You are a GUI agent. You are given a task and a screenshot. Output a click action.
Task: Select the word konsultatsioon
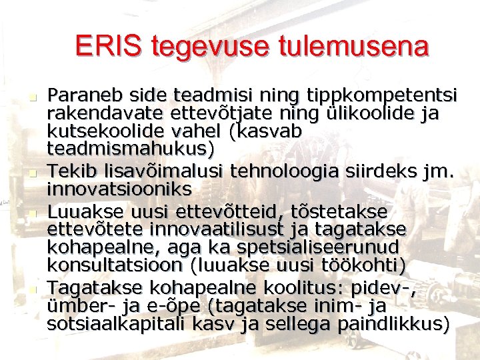point(115,265)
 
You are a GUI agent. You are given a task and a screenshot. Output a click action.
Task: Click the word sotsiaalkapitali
point(117,324)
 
